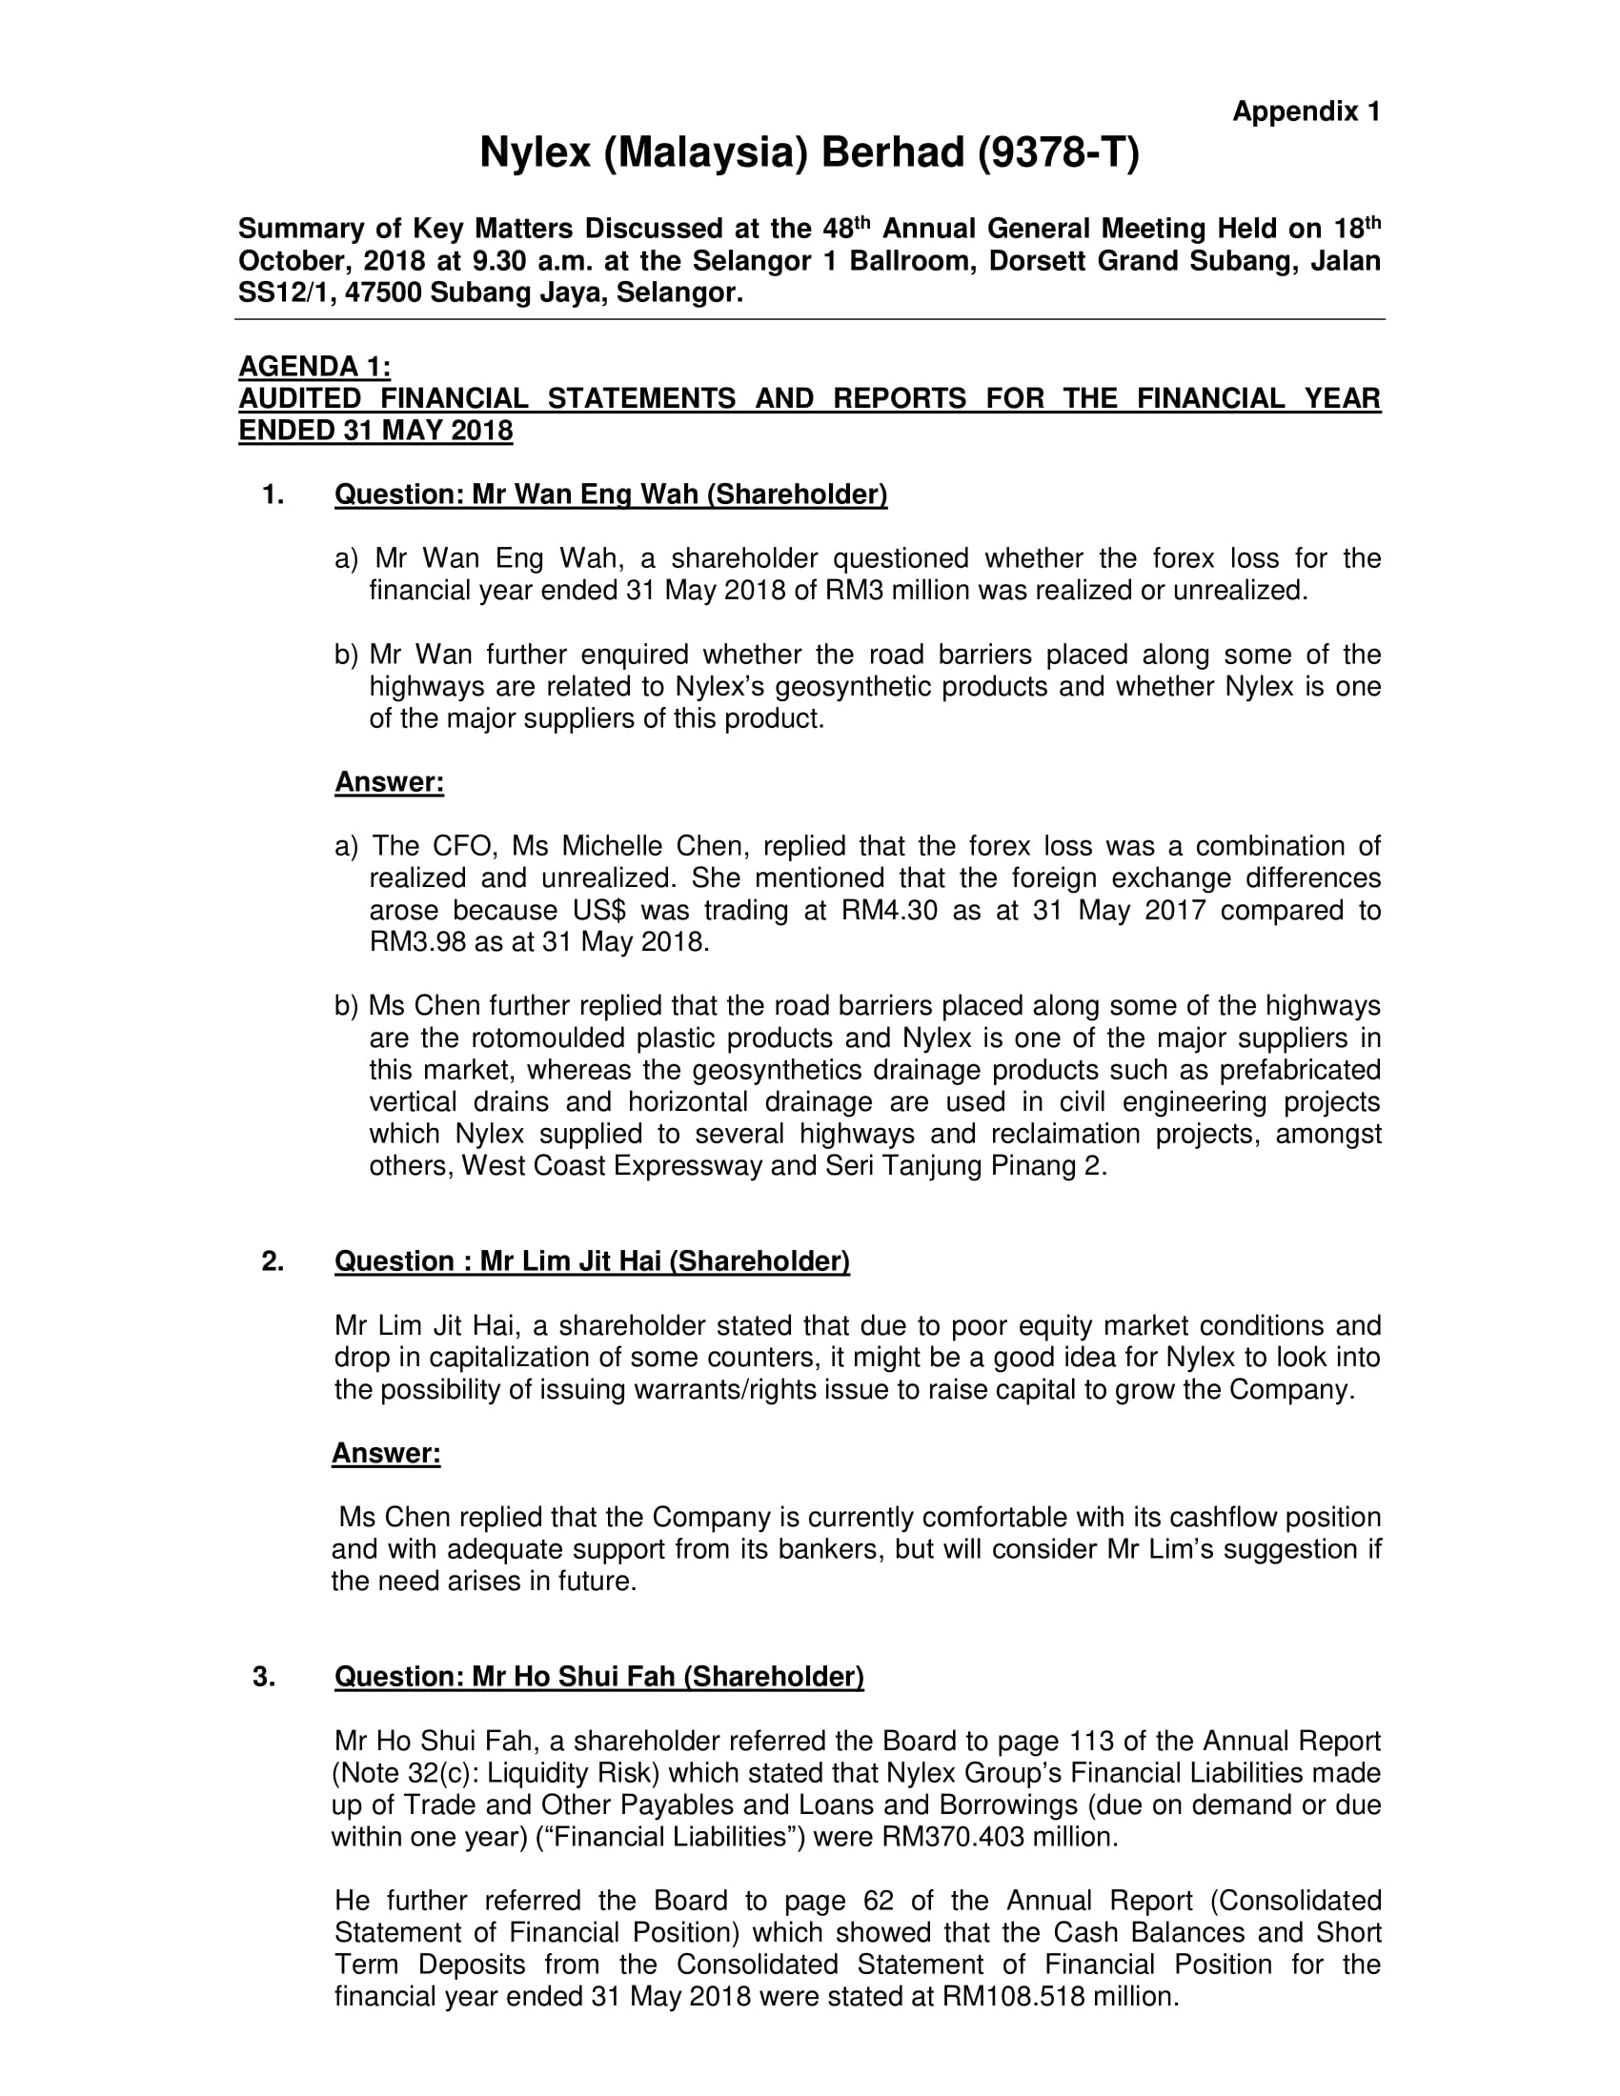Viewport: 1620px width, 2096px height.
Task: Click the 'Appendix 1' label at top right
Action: pos(1306,112)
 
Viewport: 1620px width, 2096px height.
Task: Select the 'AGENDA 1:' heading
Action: pos(314,366)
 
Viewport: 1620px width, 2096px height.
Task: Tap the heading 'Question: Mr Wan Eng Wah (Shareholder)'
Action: pos(611,494)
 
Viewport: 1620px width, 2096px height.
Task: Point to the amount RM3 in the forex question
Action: pos(849,591)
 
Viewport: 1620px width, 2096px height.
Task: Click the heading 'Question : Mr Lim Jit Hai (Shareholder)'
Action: pos(591,1261)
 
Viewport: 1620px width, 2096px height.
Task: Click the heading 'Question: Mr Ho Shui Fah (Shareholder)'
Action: pos(598,1677)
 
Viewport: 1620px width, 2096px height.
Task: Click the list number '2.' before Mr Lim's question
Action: pos(273,1261)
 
